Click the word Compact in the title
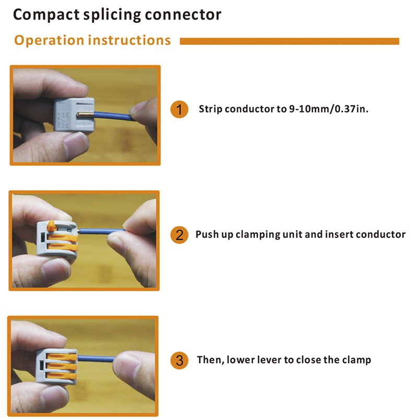46,15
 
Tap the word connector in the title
183,15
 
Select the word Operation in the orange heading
49,41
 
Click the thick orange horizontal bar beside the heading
289,41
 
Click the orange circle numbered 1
179,109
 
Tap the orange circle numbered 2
179,235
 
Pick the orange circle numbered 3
179,361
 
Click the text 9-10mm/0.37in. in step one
329,109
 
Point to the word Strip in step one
211,109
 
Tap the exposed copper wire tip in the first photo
85,114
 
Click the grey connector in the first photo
74,114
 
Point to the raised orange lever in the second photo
51,226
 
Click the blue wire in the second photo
102,231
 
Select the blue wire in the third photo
96,358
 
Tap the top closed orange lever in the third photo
62,357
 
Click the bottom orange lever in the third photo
61,376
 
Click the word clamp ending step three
356,360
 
